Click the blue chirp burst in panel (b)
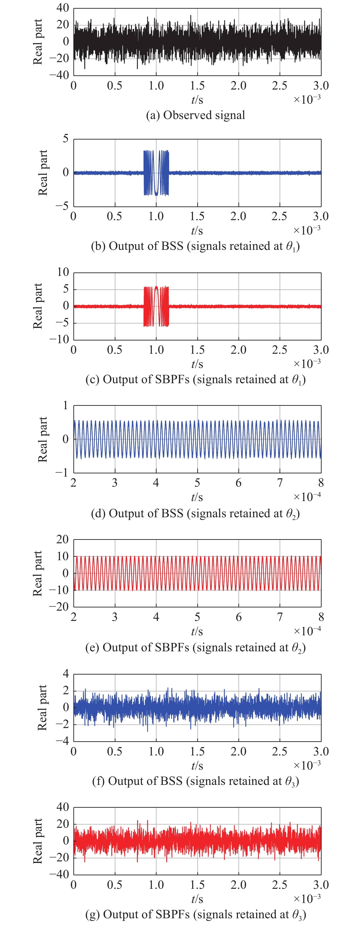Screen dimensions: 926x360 point(156,173)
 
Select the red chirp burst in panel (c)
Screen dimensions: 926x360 point(156,306)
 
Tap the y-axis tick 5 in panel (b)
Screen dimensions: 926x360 point(65,139)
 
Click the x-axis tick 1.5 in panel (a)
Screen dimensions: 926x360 point(197,86)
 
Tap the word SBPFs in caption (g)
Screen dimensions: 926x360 point(172,914)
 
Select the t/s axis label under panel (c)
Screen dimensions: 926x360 point(197,364)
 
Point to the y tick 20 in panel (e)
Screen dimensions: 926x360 point(62,540)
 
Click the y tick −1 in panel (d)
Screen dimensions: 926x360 point(62,473)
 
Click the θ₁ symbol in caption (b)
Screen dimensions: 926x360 point(292,247)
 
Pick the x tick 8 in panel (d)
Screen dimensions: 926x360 point(321,483)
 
